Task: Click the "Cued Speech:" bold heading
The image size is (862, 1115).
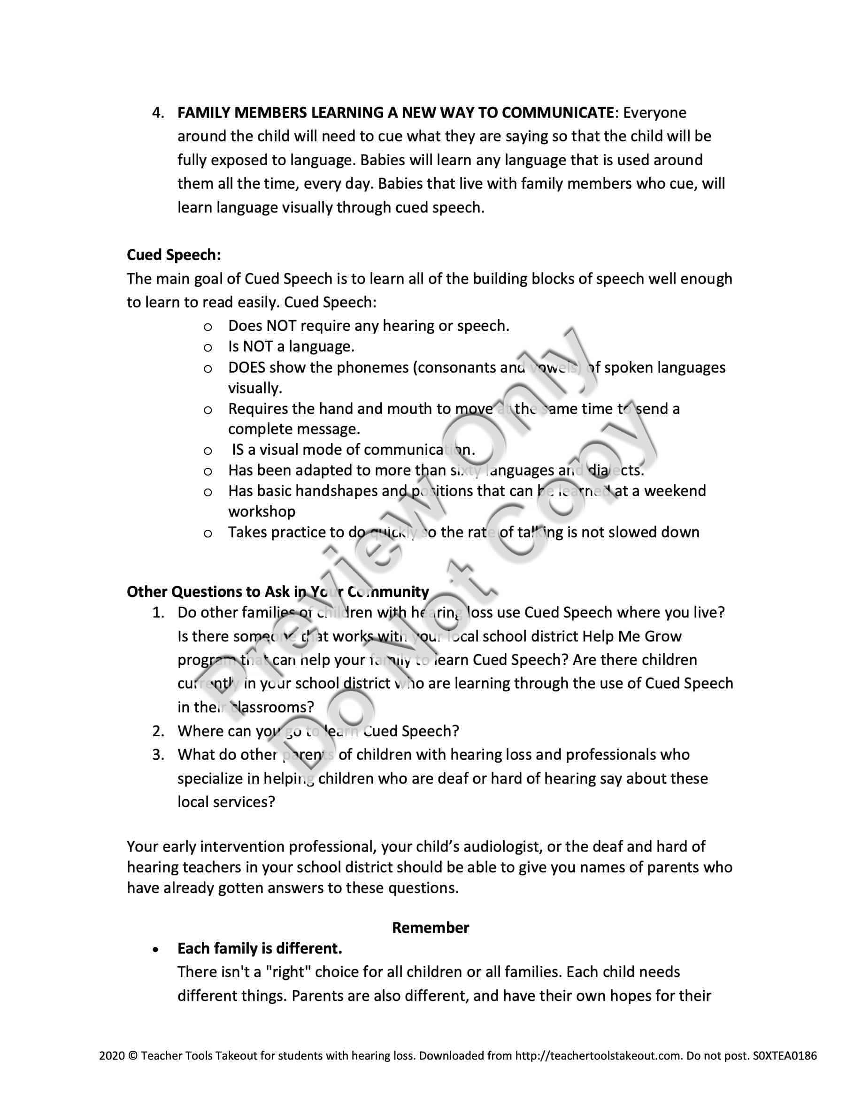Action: point(174,255)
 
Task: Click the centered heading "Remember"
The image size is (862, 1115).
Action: point(430,928)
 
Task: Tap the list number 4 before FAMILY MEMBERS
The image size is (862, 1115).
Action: point(157,113)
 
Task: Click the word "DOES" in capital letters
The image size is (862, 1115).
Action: point(246,367)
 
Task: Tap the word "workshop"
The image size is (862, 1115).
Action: point(262,512)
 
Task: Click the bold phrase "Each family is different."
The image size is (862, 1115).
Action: point(260,948)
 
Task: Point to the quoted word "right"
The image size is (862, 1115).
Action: point(287,972)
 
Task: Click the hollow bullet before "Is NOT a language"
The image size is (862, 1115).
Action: point(208,348)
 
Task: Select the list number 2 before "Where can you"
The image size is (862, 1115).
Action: point(157,732)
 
